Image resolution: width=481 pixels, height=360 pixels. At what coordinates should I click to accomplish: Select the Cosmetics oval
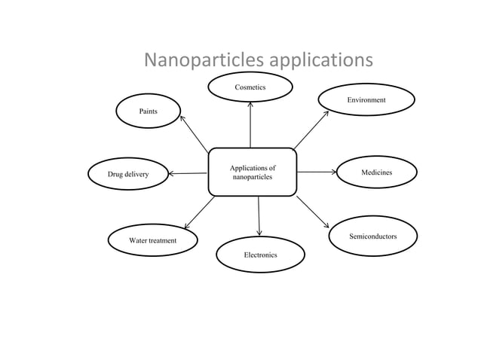coord(250,89)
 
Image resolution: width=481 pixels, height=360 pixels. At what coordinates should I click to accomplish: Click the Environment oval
coord(366,100)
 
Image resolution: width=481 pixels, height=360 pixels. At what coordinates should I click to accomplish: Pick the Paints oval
coord(148,111)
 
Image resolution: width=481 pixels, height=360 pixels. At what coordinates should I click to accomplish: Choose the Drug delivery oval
coord(127,174)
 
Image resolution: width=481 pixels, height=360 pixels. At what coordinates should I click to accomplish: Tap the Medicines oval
coord(376,173)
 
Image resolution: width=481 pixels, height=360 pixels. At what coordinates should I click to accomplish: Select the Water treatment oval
coord(152,240)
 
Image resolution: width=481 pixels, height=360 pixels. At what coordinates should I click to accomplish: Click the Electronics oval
coord(260,255)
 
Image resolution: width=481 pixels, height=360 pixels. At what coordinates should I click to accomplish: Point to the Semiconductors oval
coord(372,236)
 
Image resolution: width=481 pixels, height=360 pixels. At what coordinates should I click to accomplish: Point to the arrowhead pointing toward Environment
coord(326,114)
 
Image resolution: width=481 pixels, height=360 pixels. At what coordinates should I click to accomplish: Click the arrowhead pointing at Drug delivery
coord(172,174)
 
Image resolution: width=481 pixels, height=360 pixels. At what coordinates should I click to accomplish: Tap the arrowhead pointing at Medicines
coord(333,171)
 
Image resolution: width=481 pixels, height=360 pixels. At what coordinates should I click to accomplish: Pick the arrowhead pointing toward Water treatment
coord(187,223)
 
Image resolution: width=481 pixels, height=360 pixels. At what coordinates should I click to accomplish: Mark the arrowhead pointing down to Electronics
coord(260,232)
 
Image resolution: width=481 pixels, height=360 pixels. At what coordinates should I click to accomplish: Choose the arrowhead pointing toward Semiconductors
coord(326,224)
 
